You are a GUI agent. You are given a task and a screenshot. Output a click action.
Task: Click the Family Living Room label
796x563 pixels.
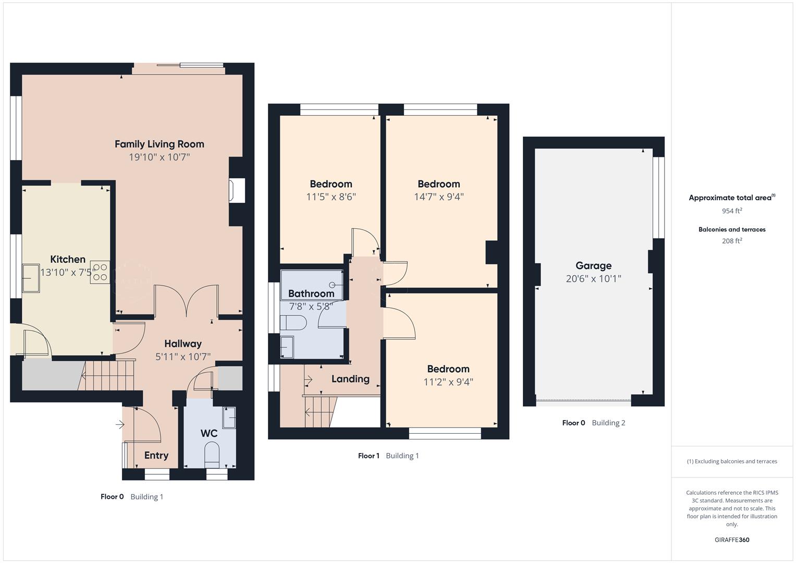pos(159,144)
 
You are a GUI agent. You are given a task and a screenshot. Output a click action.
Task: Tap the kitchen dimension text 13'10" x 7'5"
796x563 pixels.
pos(67,272)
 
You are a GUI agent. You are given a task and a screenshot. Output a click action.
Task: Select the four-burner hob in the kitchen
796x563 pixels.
pos(100,272)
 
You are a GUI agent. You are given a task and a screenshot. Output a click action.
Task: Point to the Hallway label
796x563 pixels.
pos(182,344)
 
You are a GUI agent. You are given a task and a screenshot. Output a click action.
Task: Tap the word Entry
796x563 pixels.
pos(156,455)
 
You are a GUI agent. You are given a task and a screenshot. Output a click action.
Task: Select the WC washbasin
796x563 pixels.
pos(229,418)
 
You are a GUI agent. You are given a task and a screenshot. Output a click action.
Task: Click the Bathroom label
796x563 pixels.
pos(311,293)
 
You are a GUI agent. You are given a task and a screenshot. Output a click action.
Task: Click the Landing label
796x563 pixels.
pos(350,379)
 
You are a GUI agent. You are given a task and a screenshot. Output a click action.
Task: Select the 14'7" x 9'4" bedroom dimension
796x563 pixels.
pos(438,197)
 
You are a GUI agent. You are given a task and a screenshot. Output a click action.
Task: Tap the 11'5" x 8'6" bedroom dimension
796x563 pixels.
pos(330,197)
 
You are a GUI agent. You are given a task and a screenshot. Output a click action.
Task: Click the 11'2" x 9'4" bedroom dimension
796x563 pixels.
pos(448,382)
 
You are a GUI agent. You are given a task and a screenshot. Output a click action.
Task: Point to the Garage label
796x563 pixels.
pos(593,266)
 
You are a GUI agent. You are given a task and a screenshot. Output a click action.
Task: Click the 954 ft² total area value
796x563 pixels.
pos(732,211)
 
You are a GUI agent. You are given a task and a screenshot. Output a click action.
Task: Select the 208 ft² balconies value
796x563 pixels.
pos(732,241)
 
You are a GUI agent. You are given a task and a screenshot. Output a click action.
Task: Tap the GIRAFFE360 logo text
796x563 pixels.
pos(732,540)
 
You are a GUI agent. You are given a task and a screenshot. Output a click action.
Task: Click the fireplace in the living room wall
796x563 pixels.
pos(237,190)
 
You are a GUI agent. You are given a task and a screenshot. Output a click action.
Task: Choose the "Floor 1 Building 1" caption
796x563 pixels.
pos(388,456)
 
